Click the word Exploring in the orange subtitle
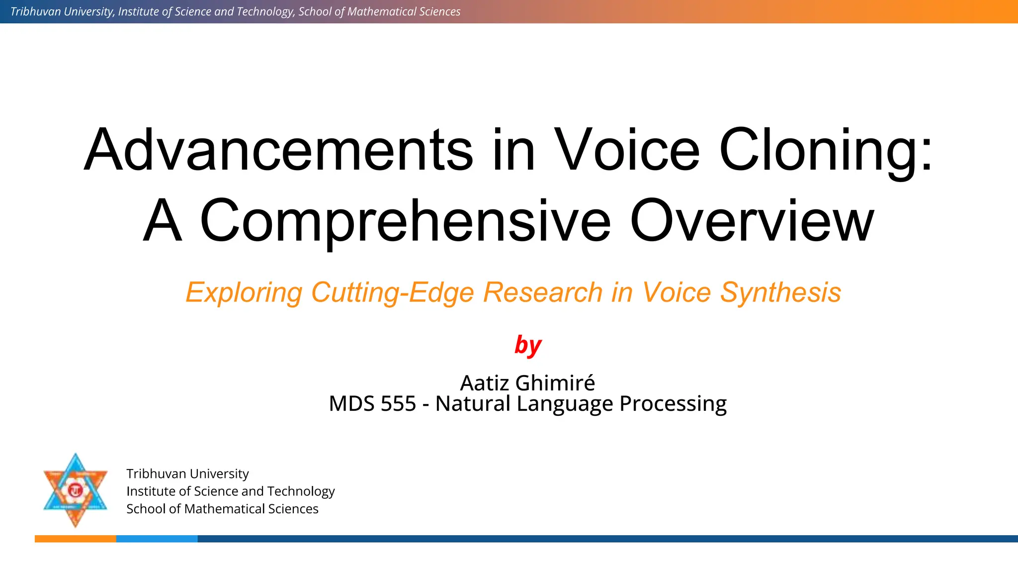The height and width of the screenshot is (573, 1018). point(244,292)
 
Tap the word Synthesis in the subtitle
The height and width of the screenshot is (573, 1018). point(780,292)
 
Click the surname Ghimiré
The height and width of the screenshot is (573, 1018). point(555,383)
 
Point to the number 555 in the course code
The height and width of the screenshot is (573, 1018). point(398,403)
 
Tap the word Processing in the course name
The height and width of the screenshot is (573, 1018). point(673,403)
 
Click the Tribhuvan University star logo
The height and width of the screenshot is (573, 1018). point(76,490)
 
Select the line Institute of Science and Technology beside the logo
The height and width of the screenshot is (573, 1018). point(230,491)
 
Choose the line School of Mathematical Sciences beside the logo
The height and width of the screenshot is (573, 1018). point(222,509)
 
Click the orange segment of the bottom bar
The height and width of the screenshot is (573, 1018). point(75,539)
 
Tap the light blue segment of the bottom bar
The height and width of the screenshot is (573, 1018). point(157,539)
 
